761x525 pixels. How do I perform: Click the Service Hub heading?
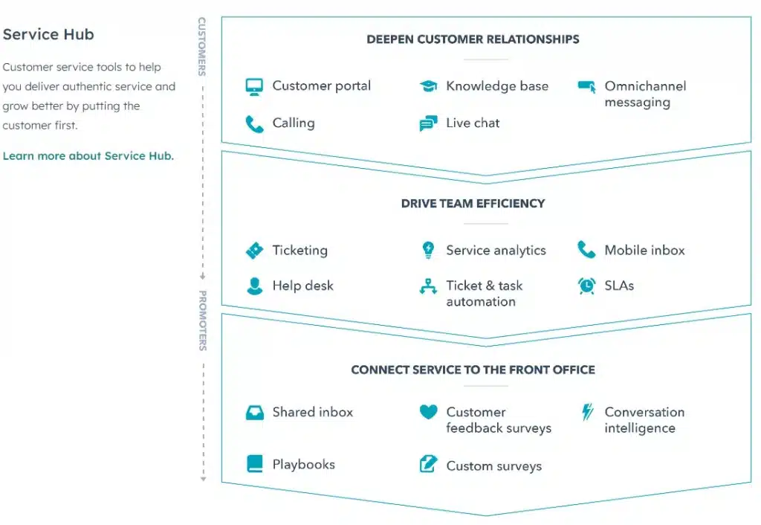[48, 35]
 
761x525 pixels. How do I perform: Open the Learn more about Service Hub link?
[88, 156]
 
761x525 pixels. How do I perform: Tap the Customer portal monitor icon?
[254, 86]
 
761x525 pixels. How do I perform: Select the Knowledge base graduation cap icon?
[428, 86]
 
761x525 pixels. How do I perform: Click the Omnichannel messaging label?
[644, 94]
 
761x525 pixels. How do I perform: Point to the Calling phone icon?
[254, 123]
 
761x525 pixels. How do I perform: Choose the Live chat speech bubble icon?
[428, 124]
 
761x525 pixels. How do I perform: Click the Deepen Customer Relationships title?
[473, 39]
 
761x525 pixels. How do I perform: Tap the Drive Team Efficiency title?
[473, 203]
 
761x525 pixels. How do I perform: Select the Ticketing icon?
[254, 251]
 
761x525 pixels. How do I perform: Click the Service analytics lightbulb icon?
[428, 251]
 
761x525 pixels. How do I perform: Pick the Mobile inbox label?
[644, 251]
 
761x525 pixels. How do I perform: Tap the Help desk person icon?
[254, 286]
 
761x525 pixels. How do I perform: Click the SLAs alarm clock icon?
[586, 286]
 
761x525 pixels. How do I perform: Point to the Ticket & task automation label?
[484, 294]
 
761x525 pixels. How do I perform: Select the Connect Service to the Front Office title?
[473, 370]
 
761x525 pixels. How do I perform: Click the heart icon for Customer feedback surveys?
[428, 411]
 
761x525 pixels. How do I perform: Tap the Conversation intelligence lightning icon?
[586, 412]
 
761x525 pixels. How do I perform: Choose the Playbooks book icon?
[254, 464]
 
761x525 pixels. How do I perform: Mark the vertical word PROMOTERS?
[202, 321]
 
